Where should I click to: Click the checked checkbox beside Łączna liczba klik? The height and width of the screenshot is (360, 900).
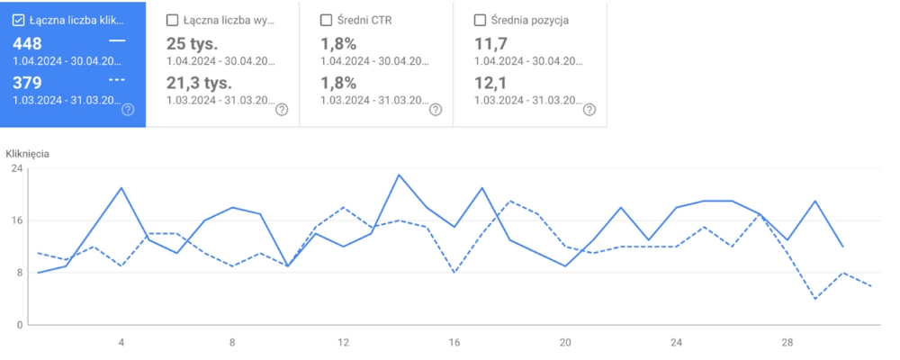tap(18, 20)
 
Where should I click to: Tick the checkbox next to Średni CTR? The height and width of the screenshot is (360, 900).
tap(327, 20)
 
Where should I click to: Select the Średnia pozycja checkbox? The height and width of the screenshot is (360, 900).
tap(480, 20)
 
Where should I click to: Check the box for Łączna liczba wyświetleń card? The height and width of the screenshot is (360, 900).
tap(173, 20)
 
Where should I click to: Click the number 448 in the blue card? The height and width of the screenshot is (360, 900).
tap(27, 43)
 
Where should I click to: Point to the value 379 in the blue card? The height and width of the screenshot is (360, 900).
tap(27, 83)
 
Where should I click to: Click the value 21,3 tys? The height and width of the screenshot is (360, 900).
tap(200, 83)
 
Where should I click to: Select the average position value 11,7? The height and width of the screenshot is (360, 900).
tap(490, 43)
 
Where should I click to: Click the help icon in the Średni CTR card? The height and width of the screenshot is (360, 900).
tap(436, 110)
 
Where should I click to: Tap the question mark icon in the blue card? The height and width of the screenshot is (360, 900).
tap(128, 110)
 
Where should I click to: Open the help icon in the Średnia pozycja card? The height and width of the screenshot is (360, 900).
tap(589, 110)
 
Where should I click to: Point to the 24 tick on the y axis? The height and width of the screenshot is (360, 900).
tap(17, 168)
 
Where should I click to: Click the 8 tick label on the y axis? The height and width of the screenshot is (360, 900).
tap(17, 273)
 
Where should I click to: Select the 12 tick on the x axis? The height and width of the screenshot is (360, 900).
tap(343, 343)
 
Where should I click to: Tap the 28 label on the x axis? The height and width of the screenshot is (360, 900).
tap(787, 343)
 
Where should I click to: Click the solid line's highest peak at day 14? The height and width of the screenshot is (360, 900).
tap(399, 175)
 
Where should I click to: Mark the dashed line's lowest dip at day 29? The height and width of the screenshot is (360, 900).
tap(814, 298)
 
